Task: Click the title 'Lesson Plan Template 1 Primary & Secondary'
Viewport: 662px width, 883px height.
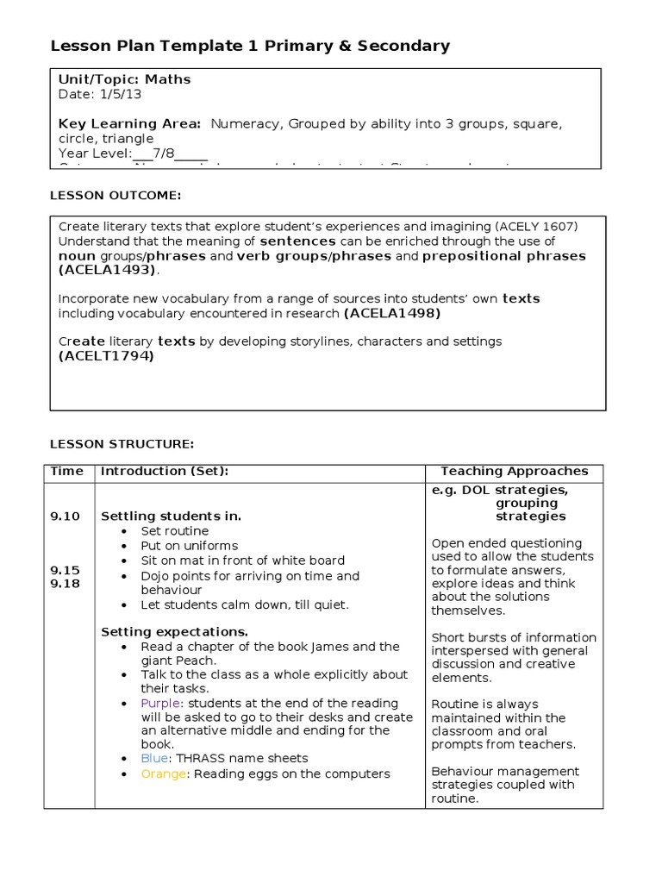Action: click(x=250, y=46)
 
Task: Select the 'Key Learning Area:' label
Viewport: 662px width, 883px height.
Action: click(x=129, y=124)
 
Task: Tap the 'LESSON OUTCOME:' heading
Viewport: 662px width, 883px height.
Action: click(x=116, y=196)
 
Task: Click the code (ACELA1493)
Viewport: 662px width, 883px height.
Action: click(x=109, y=270)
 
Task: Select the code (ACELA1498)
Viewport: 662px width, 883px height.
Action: click(x=392, y=313)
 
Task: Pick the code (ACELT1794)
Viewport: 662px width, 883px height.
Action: click(x=106, y=355)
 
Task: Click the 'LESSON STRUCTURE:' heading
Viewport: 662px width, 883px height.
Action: click(x=122, y=444)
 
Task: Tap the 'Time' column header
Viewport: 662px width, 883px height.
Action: click(x=67, y=471)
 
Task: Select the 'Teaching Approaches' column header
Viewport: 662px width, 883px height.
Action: click(x=514, y=471)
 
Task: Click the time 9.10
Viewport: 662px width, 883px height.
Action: click(x=65, y=517)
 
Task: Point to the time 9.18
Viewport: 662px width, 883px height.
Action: click(x=65, y=584)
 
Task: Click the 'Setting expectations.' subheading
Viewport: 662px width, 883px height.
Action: click(x=175, y=631)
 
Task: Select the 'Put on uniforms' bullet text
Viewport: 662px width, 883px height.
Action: click(x=189, y=546)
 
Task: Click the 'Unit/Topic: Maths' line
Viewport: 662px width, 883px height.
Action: click(x=124, y=79)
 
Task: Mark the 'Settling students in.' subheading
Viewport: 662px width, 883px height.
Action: click(x=171, y=517)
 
